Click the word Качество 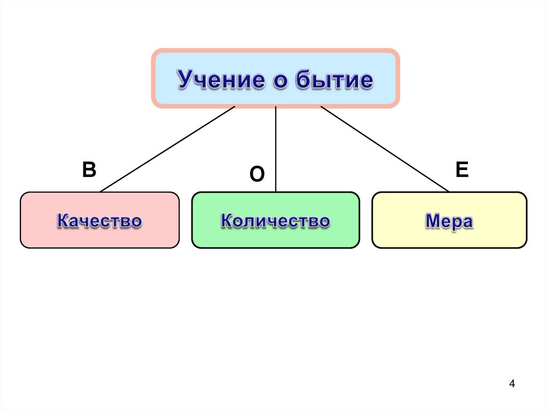99,221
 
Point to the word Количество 275,221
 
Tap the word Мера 449,221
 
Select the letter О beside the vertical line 257,174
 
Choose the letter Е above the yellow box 462,170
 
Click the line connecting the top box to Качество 167,149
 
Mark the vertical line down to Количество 276,149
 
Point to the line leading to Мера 385,149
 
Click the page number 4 512,384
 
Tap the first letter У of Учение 185,80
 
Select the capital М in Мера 432,221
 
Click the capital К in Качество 62,221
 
